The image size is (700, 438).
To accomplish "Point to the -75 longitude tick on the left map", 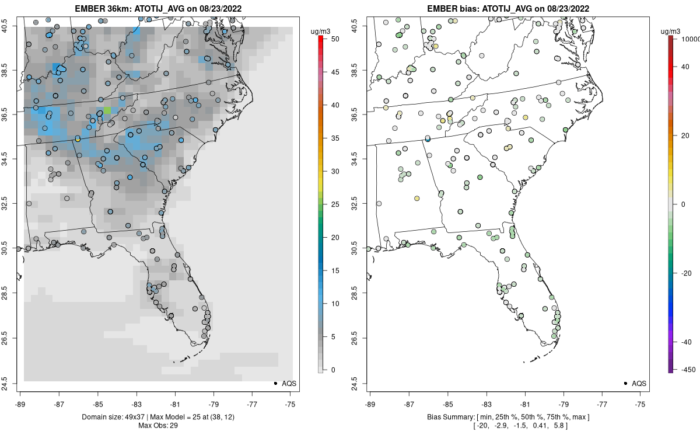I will click(x=291, y=404).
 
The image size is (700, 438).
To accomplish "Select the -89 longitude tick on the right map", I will click(x=370, y=404).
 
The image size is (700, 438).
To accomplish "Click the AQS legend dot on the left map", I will click(x=275, y=383).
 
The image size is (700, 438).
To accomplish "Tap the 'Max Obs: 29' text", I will click(x=157, y=425).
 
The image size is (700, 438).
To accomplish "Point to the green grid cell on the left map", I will click(x=107, y=110).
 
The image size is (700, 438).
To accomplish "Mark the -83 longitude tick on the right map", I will click(x=486, y=404).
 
